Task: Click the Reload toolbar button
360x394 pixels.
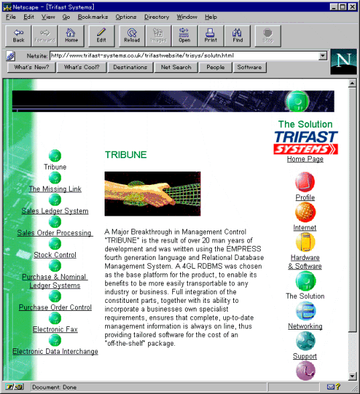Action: (132, 36)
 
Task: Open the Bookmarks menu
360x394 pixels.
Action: (93, 17)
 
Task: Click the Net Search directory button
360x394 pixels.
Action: (176, 67)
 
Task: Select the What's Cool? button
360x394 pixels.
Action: (82, 67)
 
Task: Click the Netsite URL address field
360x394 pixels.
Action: (185, 56)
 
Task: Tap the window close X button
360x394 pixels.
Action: (353, 7)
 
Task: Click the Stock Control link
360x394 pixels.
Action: (55, 255)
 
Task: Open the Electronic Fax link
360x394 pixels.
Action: (55, 329)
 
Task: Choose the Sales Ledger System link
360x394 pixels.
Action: (55, 211)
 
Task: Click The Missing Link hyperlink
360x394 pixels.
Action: (55, 189)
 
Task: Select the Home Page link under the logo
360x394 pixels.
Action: (305, 159)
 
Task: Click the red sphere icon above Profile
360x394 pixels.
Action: (305, 182)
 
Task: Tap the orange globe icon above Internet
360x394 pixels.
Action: (305, 212)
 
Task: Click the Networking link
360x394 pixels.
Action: (305, 326)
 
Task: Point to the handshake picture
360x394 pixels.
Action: (153, 194)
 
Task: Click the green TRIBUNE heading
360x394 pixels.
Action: (126, 155)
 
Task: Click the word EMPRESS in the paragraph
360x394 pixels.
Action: (243, 249)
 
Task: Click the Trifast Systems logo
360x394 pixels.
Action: (306, 143)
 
